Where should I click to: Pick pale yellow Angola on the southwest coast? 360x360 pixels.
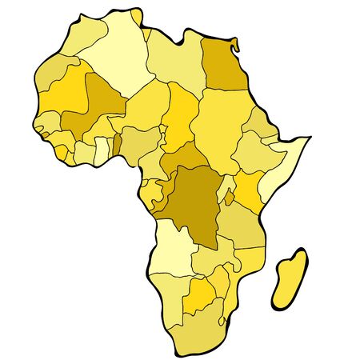pyautogui.click(x=171, y=248)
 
